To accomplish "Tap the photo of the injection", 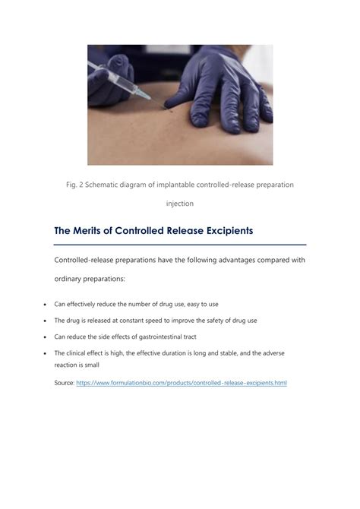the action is point(180,105).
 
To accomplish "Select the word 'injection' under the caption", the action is point(180,204).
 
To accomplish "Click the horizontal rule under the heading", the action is point(180,245).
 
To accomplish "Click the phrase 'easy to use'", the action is point(199,304).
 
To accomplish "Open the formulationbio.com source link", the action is point(182,383).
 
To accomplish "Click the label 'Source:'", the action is point(64,383).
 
